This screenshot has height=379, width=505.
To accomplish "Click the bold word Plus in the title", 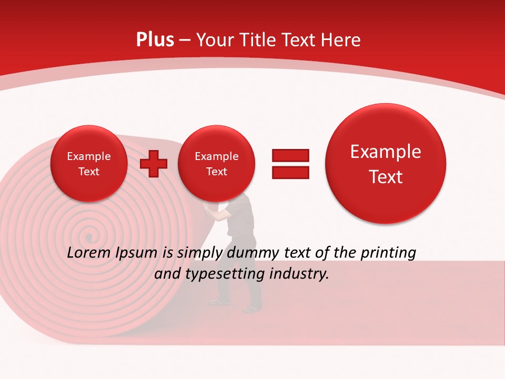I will (x=155, y=39).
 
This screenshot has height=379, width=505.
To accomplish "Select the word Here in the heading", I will (x=340, y=40).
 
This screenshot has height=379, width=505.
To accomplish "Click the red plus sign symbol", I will (x=154, y=163).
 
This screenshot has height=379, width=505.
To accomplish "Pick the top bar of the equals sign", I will (x=290, y=155).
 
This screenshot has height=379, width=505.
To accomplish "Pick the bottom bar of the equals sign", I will (x=290, y=172).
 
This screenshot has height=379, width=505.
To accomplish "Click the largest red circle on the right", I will (x=386, y=164).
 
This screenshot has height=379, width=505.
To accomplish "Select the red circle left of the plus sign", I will (x=89, y=164).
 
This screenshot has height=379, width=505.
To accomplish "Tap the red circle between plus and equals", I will (x=216, y=164).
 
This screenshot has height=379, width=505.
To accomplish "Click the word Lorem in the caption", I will (x=89, y=253).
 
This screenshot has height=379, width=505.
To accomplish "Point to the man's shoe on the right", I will (x=252, y=310).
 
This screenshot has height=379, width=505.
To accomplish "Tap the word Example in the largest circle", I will (x=386, y=152).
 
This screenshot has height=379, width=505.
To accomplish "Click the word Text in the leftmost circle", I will (x=89, y=172).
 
